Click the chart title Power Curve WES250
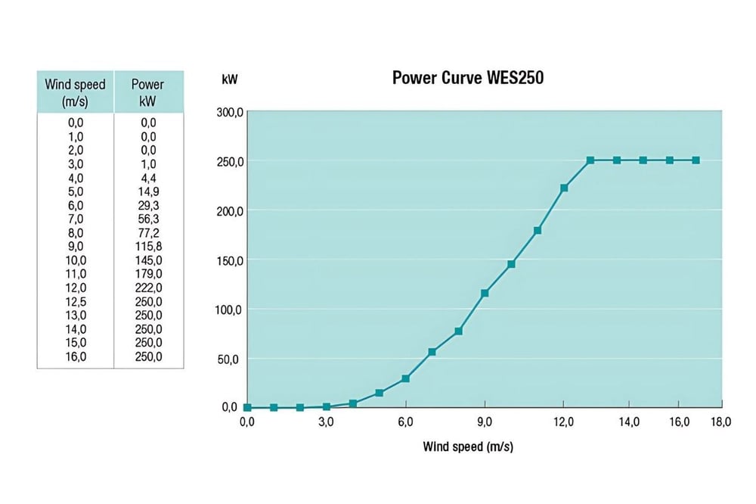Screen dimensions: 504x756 click(x=467, y=78)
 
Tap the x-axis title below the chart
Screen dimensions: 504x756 click(x=467, y=446)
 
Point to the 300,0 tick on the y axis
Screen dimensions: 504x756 click(x=228, y=113)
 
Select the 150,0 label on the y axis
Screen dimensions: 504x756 click(x=228, y=260)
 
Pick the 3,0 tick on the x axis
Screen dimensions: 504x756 click(x=326, y=422)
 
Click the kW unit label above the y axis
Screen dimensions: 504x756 click(x=229, y=78)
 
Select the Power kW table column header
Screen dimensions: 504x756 click(x=147, y=92)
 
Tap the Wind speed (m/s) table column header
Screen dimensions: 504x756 click(x=75, y=92)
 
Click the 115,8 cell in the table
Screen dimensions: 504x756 click(x=147, y=246)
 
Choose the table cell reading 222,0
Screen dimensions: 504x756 click(x=147, y=288)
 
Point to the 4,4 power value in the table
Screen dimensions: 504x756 click(x=147, y=178)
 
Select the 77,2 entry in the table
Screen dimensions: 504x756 click(x=147, y=232)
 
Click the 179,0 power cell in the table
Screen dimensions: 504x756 click(x=147, y=274)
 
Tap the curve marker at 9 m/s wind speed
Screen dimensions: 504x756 click(x=485, y=293)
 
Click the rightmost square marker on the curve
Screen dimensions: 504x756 click(x=696, y=160)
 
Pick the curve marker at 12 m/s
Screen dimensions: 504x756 click(x=564, y=188)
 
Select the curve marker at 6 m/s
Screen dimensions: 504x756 click(x=405, y=378)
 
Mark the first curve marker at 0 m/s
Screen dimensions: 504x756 click(x=247, y=407)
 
